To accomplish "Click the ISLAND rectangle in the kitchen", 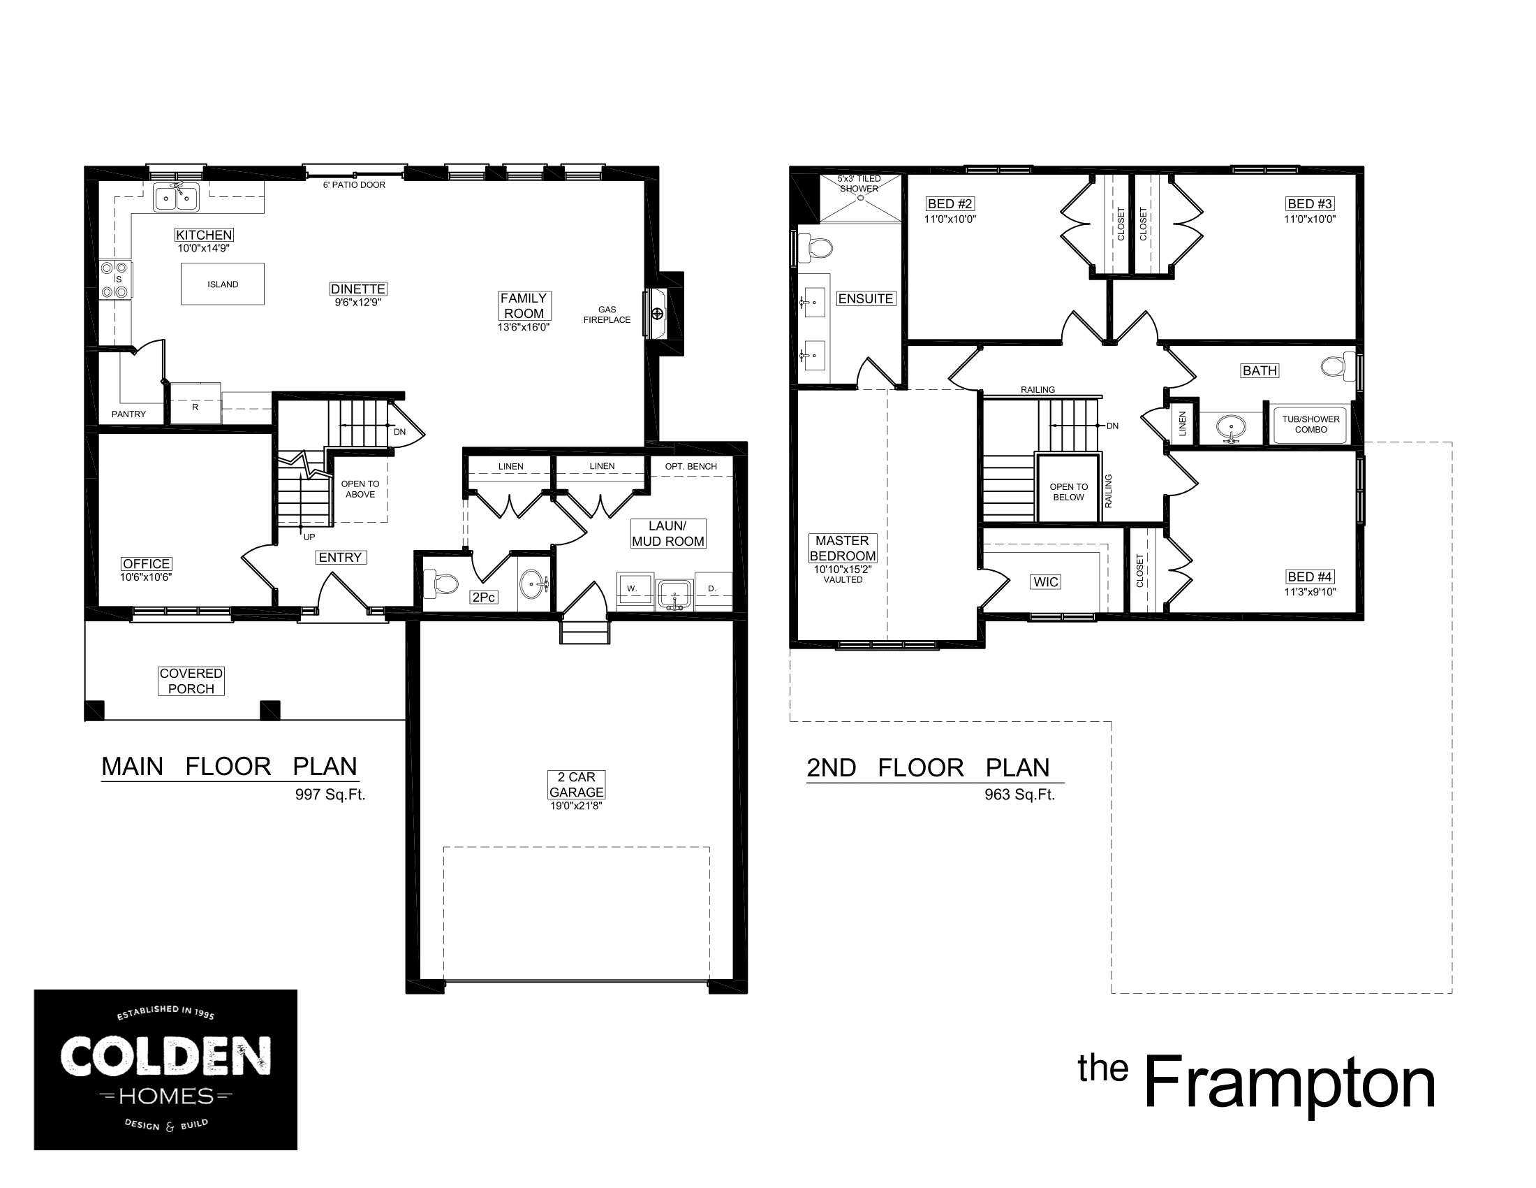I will click(222, 284).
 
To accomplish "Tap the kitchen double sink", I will click(177, 198).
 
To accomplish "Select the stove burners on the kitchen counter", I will click(115, 280).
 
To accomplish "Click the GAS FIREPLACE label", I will click(607, 314).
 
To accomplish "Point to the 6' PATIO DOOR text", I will click(354, 184).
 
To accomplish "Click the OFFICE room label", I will click(147, 564).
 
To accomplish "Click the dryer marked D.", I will click(712, 588).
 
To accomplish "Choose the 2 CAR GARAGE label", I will click(576, 784).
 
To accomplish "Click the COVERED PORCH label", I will click(191, 681).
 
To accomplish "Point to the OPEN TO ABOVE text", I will click(360, 489).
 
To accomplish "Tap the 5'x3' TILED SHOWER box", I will click(859, 197).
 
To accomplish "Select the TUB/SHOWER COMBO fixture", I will click(1310, 424).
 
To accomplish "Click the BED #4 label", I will click(1310, 577).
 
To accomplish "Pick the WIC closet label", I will click(1046, 581).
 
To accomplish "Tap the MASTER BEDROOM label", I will click(843, 548).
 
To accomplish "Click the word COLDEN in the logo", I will click(165, 1057).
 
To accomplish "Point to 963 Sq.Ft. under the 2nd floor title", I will click(1020, 795).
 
